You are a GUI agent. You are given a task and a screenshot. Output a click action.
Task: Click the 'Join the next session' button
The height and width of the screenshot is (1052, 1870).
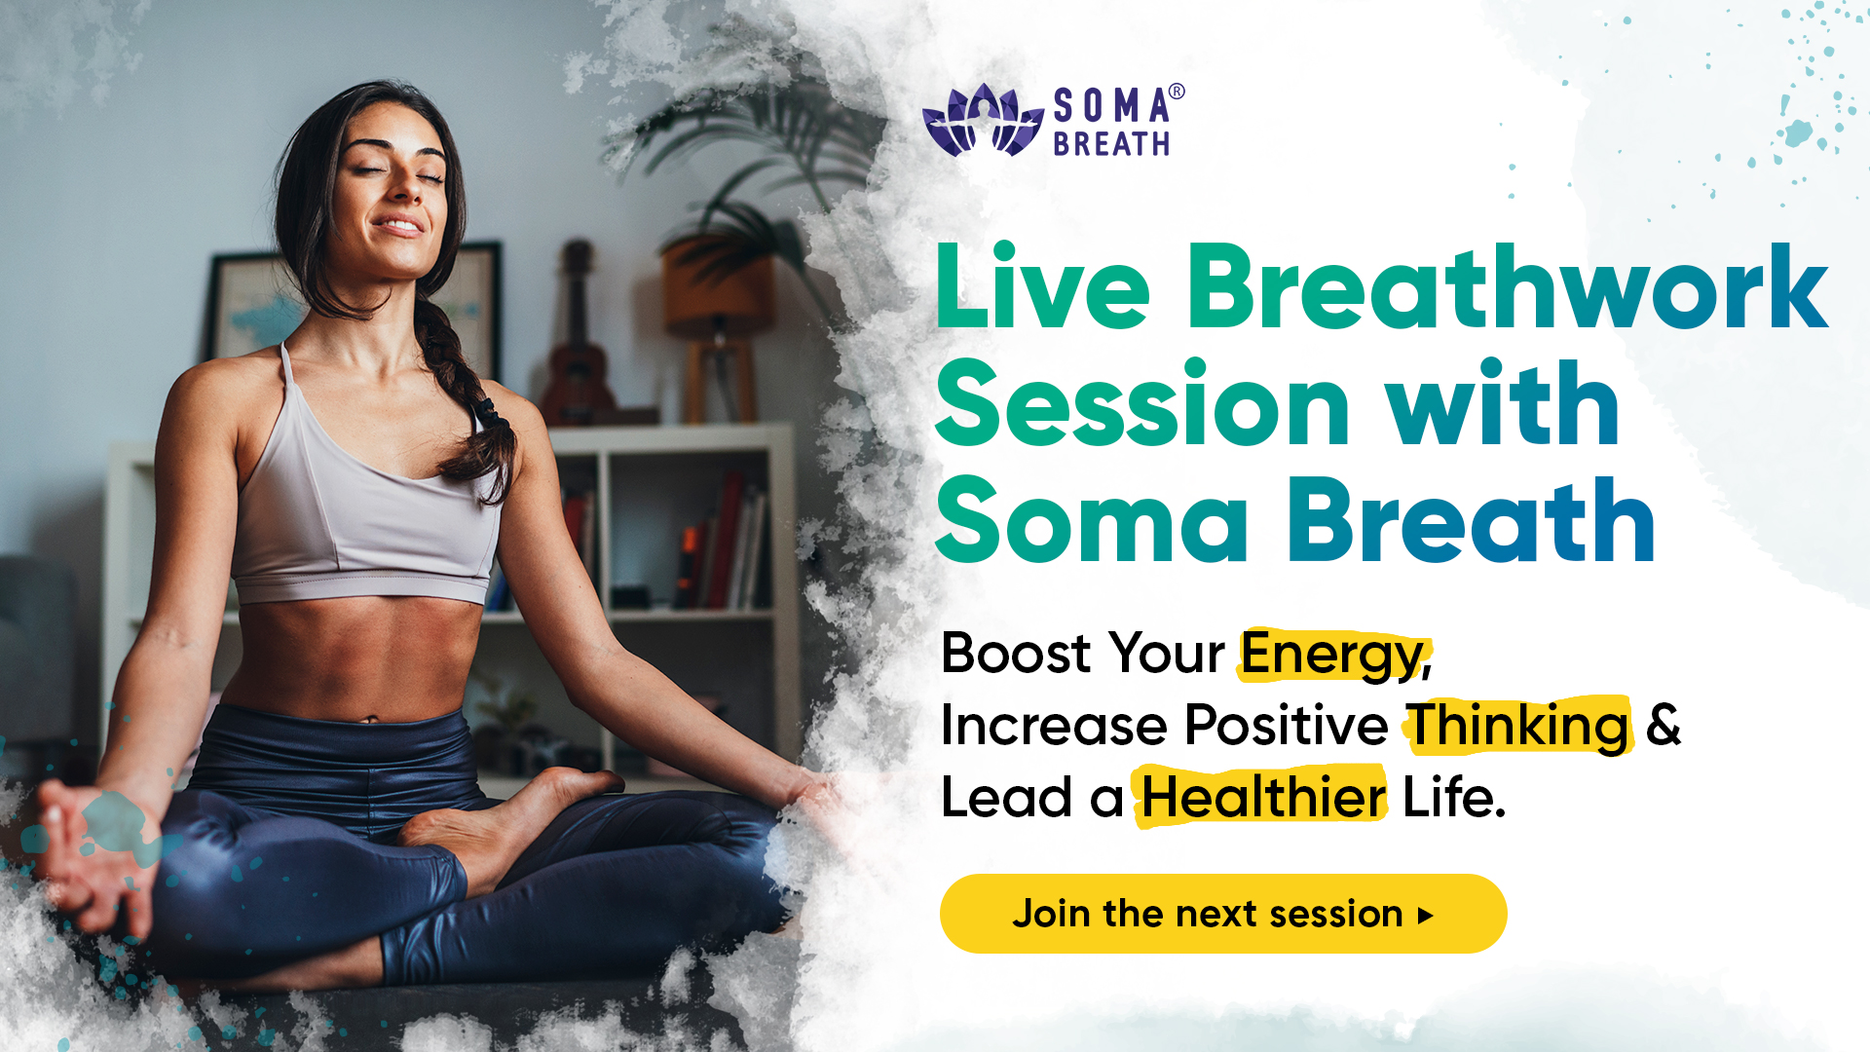coord(1222,914)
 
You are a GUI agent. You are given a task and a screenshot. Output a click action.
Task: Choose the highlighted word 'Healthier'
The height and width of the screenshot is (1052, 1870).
coord(1262,798)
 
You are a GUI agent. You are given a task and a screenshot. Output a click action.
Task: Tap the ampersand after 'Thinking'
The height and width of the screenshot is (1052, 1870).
coord(1664,726)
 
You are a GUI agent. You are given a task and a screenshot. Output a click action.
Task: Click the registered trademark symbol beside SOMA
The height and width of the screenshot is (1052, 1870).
coord(1177,93)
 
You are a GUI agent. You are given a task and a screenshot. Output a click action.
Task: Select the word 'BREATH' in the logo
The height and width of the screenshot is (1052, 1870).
coord(1111,144)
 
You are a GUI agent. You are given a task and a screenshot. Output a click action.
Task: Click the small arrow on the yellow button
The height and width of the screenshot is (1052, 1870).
coord(1426,916)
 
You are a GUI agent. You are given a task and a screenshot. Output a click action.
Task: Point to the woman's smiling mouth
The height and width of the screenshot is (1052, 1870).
coord(398,226)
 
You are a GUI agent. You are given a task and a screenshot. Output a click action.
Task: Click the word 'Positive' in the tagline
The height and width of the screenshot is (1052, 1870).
coord(1286,726)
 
